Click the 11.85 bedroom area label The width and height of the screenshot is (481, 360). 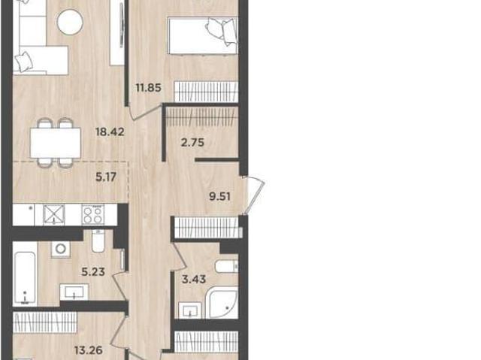tap(149, 88)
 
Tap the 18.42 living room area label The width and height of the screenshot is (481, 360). tap(110, 132)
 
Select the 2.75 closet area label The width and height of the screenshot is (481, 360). tap(192, 143)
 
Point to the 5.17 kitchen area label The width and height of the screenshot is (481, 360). tap(106, 177)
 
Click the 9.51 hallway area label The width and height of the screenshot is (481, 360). tap(219, 196)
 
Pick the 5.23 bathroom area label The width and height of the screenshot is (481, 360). tap(93, 271)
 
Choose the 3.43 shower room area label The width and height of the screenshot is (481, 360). tap(194, 280)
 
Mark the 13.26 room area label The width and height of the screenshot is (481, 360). tap(89, 350)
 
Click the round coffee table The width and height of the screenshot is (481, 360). tap(70, 22)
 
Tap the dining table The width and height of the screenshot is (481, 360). tap(56, 143)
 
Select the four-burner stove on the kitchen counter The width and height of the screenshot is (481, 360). tap(93, 214)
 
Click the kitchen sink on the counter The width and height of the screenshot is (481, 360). tap(54, 214)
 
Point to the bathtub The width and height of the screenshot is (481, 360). tap(25, 278)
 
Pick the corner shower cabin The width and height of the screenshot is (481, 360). tap(222, 303)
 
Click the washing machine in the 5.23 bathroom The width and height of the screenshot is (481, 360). tap(60, 249)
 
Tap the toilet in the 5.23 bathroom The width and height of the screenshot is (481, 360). tap(98, 241)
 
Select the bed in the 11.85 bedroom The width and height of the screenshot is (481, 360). tap(203, 35)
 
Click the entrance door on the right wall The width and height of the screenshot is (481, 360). tap(253, 195)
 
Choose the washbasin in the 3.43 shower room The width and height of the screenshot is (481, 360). tap(190, 310)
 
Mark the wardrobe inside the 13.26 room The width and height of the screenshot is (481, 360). tap(45, 322)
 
